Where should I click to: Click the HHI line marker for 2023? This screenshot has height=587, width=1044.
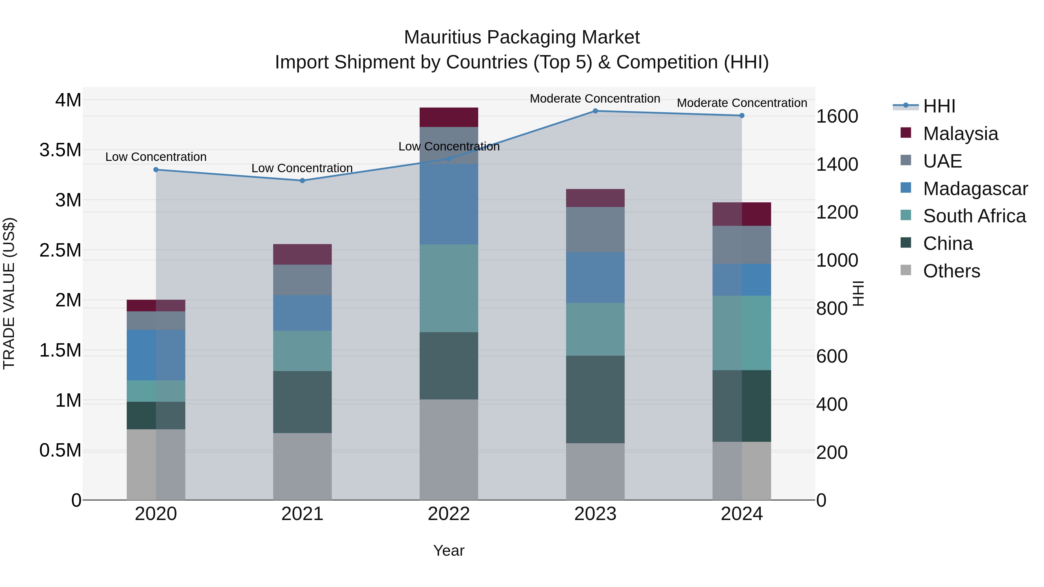(595, 111)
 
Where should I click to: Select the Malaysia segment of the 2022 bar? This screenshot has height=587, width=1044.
(449, 117)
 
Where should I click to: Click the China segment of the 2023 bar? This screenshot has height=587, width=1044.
(595, 399)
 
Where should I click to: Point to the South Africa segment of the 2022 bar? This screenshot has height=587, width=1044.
(449, 288)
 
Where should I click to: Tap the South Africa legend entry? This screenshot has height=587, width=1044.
(974, 215)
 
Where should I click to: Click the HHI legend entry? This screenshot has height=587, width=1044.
(939, 106)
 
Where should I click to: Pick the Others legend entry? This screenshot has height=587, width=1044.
(951, 271)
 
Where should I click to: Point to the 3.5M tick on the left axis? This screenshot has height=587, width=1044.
(60, 150)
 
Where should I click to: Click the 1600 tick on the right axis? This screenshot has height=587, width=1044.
(836, 116)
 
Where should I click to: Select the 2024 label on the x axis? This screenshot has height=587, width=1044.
(741, 514)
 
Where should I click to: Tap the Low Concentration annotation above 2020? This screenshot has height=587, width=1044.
(156, 157)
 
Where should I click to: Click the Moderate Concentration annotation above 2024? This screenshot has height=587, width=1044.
(742, 103)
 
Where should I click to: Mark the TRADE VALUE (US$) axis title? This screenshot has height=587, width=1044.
(9, 293)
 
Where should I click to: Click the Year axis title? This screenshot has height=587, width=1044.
(449, 550)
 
